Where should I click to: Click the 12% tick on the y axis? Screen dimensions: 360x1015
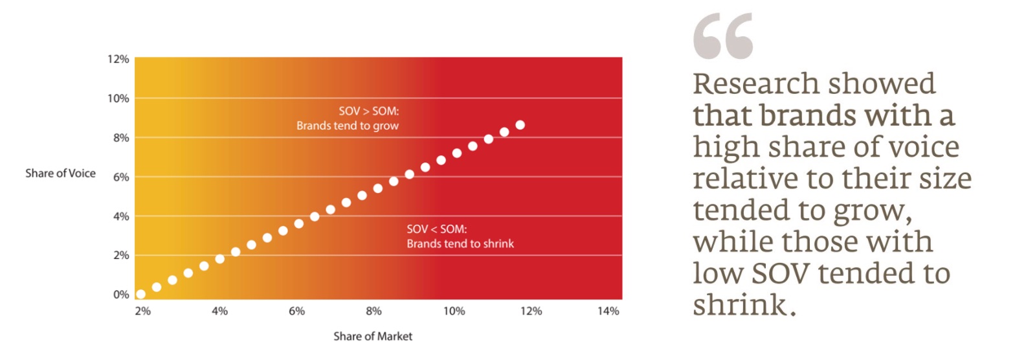[120, 60]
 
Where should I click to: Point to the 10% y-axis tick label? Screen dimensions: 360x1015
[120, 98]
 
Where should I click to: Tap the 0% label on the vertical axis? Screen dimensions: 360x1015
[122, 295]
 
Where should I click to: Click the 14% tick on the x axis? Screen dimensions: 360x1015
[608, 311]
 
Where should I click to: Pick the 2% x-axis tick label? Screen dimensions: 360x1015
[142, 311]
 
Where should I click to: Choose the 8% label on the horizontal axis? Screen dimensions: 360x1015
[374, 311]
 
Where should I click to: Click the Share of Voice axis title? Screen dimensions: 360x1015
[60, 174]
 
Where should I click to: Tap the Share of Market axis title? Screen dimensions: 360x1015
[373, 337]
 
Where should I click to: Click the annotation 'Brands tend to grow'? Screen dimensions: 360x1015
[347, 126]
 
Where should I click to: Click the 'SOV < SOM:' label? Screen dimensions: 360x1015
[432, 229]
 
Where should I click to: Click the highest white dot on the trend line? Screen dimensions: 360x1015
[520, 125]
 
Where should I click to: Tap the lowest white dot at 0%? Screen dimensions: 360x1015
[140, 295]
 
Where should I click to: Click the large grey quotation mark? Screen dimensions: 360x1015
[722, 38]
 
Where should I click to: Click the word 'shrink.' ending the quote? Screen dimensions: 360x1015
[744, 304]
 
